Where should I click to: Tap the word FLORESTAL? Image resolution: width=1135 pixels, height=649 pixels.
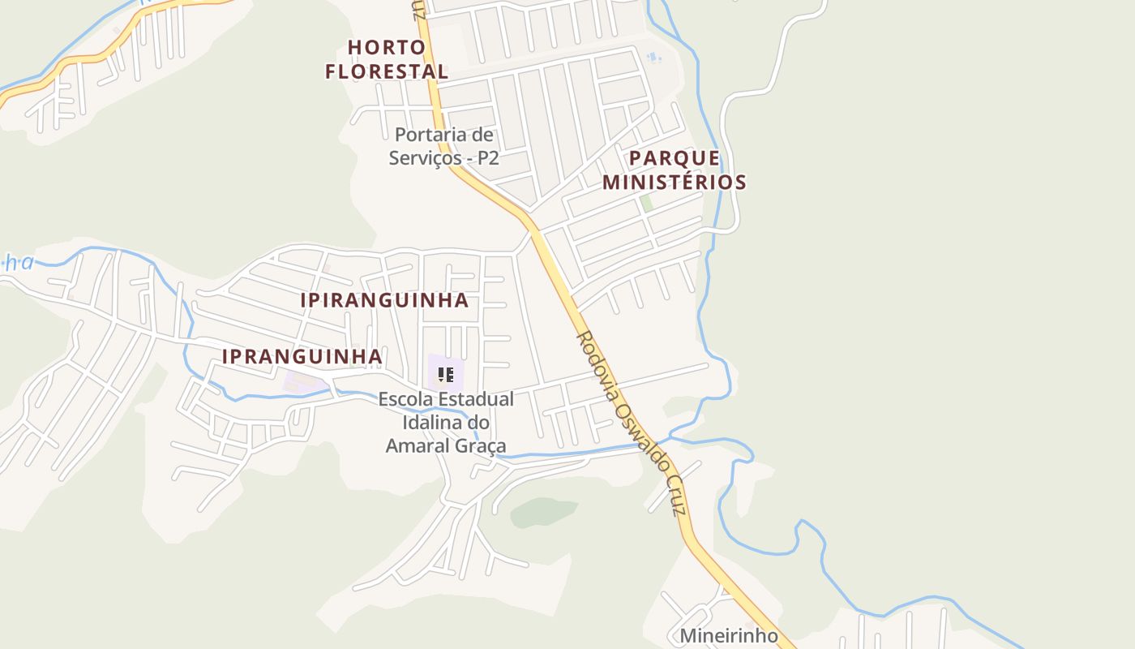click(387, 71)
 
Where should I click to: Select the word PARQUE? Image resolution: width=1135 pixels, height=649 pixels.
click(674, 157)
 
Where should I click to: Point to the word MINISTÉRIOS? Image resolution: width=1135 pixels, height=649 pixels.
click(674, 182)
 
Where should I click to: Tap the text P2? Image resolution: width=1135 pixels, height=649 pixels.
click(488, 157)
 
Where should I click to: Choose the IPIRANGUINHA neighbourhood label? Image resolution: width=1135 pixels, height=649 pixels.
click(384, 300)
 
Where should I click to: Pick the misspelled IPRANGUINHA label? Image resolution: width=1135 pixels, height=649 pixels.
click(302, 356)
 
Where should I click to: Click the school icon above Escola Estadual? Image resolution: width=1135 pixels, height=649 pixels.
click(445, 375)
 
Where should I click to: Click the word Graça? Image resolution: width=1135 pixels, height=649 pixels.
click(484, 445)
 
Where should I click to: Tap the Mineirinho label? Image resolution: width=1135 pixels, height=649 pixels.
click(729, 635)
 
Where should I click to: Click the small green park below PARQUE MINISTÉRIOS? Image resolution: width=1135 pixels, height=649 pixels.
click(646, 204)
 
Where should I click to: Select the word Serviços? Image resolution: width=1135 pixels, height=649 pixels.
click(426, 157)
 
